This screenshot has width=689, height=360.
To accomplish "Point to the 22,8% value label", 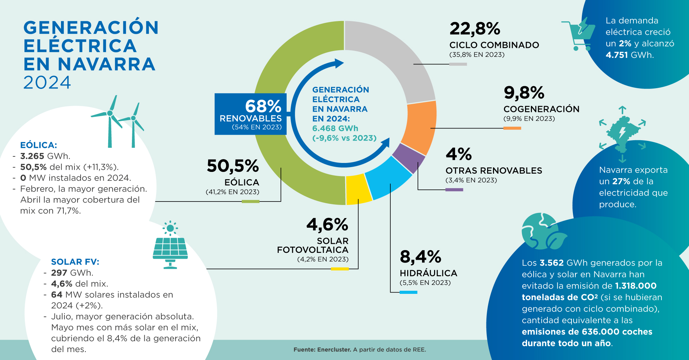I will coord(475,29).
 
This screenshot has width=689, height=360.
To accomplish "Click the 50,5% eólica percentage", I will coord(233,166).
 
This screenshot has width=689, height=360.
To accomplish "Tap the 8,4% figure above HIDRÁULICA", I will coord(420,257).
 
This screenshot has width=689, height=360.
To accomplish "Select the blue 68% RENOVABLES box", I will coord(250,114).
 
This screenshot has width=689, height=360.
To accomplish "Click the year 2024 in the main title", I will coord(47,83).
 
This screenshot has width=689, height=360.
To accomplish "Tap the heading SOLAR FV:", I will coord(75,262).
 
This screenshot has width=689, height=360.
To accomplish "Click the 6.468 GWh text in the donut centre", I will coord(335,128).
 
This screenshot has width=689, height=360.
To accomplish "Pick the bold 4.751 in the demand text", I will coord(617,55).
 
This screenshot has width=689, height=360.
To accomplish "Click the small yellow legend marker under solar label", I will coord(340,269).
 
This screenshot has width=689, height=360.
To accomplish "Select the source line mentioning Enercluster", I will coord(360,350).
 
